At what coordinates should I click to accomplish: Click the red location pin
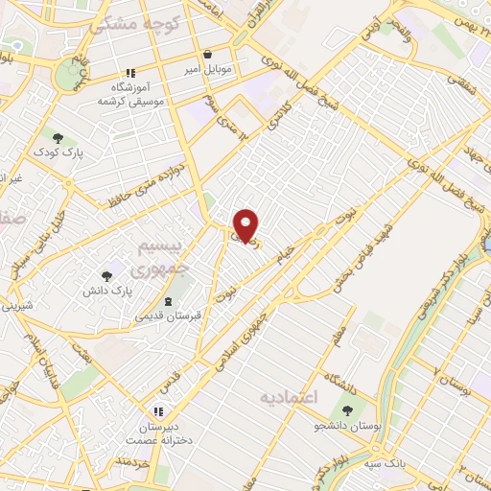(x=246, y=225)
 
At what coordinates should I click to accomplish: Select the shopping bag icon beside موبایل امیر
(x=209, y=55)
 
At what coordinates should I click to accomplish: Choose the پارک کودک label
(x=58, y=152)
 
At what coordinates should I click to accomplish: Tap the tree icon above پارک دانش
(x=106, y=276)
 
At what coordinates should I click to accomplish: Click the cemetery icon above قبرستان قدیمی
(x=169, y=300)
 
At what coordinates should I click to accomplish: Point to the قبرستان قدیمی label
(x=167, y=315)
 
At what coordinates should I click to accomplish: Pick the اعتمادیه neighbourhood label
(x=289, y=395)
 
